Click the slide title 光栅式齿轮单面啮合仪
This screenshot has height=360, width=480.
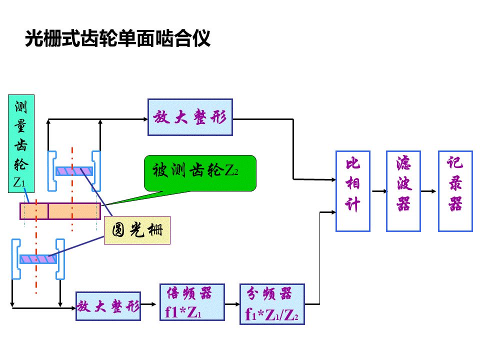tap(117, 38)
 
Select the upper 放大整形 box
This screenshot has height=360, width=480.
tap(190, 117)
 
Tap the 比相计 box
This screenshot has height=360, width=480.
tap(352, 191)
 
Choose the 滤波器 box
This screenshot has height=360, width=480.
tap(403, 191)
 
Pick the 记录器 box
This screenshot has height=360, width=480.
tap(455, 191)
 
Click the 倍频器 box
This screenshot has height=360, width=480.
tap(191, 302)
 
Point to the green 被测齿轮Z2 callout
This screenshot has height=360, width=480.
tap(200, 173)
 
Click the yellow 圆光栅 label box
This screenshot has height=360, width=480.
tap(137, 230)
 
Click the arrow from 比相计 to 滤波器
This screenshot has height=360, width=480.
tap(378, 191)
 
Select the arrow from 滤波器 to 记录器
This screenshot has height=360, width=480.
tap(429, 191)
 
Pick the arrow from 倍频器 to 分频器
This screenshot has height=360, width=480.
tap(232, 304)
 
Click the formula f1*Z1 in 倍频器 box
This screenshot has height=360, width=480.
tap(183, 312)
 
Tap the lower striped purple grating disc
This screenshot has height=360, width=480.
tap(38, 259)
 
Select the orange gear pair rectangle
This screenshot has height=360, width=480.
tap(60, 211)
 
